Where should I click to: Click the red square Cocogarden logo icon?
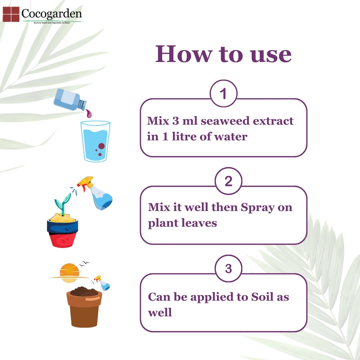[x=11, y=14]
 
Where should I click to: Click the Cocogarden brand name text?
[x=52, y=14]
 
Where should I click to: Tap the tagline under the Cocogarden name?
[x=52, y=23]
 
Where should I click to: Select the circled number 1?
[x=223, y=93]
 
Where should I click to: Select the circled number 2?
[x=228, y=181]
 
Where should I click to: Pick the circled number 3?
[x=228, y=268]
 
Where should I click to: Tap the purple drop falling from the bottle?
[x=89, y=113]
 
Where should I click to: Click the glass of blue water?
[x=95, y=141]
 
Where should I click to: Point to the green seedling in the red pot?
[x=62, y=203]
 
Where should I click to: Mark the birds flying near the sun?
[x=84, y=263]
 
